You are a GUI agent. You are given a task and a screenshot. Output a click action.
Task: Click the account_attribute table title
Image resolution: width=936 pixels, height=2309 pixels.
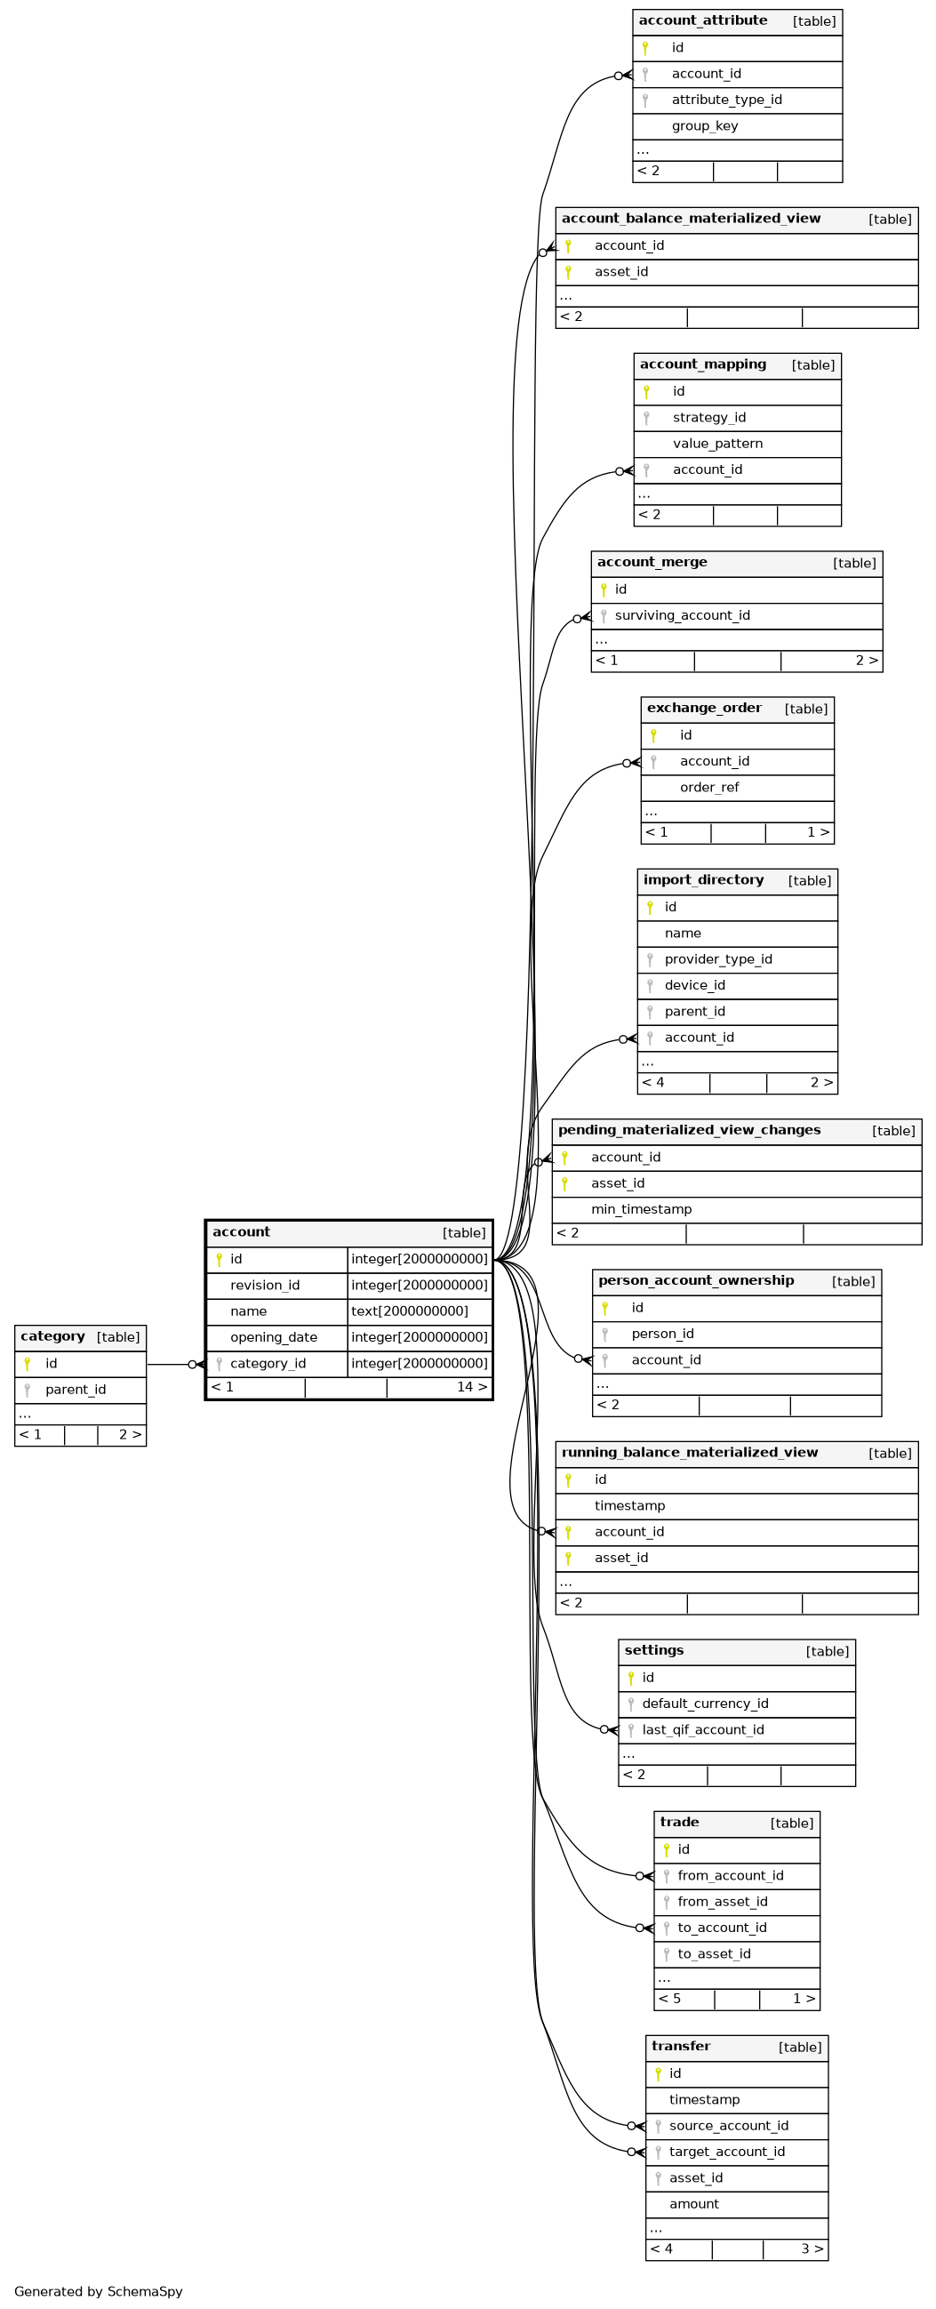[703, 20]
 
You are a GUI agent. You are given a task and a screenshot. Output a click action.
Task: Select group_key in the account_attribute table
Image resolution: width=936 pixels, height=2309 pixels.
[705, 126]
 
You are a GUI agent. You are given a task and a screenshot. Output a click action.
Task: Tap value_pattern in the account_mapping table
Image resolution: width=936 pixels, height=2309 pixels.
[717, 444]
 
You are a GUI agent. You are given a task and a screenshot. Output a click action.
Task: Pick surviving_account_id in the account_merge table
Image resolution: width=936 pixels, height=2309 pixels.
[683, 616]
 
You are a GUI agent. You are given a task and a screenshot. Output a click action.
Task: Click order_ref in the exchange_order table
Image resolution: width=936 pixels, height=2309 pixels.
[709, 788]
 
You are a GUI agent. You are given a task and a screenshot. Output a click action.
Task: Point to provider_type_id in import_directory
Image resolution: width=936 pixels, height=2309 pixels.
[718, 960]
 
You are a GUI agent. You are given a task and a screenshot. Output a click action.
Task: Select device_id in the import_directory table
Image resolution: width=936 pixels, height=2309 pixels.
[695, 986]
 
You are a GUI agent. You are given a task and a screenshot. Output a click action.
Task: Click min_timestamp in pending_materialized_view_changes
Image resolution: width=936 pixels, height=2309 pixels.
[641, 1210]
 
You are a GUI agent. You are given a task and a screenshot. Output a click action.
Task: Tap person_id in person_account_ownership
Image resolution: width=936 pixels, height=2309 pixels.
[662, 1335]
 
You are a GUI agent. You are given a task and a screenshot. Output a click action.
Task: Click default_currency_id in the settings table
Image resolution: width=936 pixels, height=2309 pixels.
[705, 1704]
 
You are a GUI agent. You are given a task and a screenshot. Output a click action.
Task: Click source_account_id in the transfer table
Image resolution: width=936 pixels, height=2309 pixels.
[729, 2126]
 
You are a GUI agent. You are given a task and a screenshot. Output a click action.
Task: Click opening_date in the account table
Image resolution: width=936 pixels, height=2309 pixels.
[274, 1338]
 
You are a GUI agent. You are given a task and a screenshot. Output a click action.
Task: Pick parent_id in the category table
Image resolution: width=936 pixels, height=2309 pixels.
[76, 1391]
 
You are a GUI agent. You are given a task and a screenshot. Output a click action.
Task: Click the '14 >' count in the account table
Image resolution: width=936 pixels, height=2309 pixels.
[473, 1388]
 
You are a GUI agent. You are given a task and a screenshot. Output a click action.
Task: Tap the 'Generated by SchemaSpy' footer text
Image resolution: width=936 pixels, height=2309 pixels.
[99, 2292]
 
